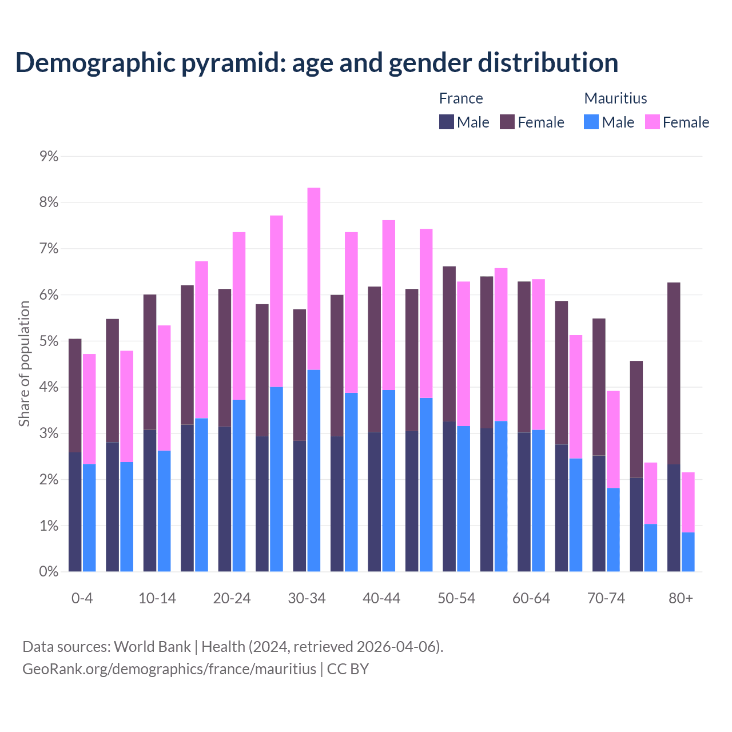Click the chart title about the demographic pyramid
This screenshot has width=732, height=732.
[316, 63]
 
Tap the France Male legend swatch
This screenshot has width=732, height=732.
[447, 122]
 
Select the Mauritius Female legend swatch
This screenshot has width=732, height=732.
[653, 122]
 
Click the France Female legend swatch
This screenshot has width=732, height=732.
[507, 122]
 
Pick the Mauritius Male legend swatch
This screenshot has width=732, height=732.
[591, 122]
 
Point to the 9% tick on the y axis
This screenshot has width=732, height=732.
[49, 156]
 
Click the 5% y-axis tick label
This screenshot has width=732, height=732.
[49, 341]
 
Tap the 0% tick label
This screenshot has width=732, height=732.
[49, 572]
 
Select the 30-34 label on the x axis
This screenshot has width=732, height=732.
[307, 599]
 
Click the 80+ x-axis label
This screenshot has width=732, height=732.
[681, 599]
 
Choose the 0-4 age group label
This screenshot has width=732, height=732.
[82, 599]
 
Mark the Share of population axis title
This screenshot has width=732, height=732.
[25, 364]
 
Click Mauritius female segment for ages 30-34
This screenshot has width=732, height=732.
[314, 279]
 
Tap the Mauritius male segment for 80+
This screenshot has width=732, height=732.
[688, 552]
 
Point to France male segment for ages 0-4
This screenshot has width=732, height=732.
[75, 512]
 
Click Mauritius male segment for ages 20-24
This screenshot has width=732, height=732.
[239, 486]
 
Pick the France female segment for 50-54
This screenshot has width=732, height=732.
[449, 344]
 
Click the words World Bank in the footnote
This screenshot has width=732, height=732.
[152, 647]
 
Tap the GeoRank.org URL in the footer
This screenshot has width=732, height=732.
[169, 669]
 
